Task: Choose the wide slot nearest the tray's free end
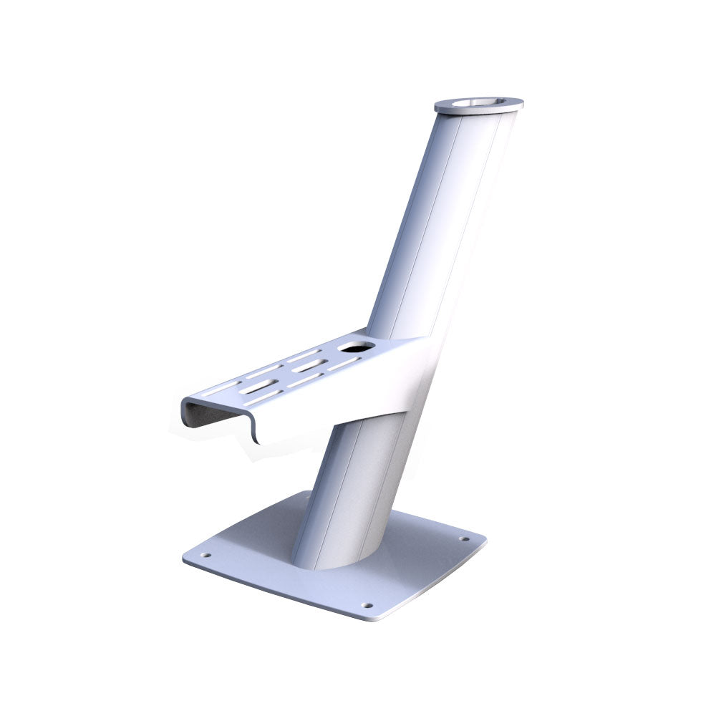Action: tap(257, 387)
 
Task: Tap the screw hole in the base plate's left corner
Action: tap(206, 554)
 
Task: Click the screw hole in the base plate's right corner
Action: tap(463, 539)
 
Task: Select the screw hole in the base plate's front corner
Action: tap(368, 605)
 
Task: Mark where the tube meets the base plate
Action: tap(337, 566)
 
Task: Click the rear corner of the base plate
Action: tap(301, 494)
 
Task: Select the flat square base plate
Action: tap(401, 566)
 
